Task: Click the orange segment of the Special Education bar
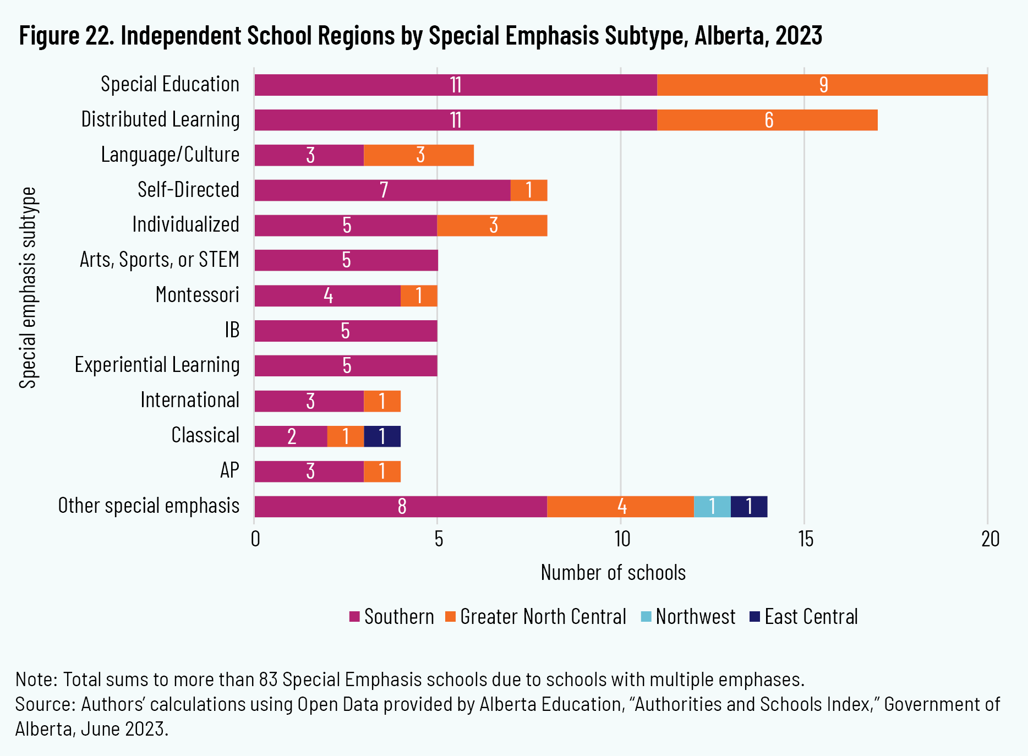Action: (x=822, y=85)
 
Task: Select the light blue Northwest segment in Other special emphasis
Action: (x=712, y=506)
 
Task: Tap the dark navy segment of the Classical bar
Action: (x=382, y=436)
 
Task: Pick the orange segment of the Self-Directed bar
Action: (x=528, y=190)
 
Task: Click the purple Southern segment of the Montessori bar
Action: (x=327, y=296)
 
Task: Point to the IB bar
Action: (x=346, y=331)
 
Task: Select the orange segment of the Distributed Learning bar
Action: (x=767, y=120)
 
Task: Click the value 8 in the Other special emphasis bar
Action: (x=402, y=506)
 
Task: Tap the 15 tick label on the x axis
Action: (x=805, y=539)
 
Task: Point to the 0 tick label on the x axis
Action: (x=255, y=539)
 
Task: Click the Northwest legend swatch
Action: (x=646, y=617)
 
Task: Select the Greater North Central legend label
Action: (x=543, y=617)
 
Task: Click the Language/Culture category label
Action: (x=170, y=155)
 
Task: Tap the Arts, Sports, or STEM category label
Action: (x=160, y=260)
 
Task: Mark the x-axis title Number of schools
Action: (x=613, y=573)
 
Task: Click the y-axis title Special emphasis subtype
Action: (x=28, y=288)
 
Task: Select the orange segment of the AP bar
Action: (x=382, y=472)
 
